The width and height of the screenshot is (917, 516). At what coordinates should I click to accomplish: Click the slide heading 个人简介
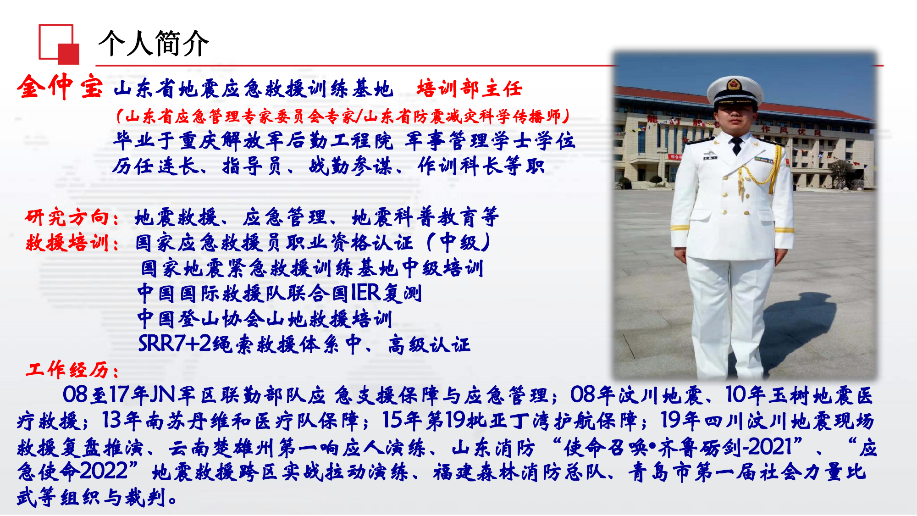pyautogui.click(x=154, y=44)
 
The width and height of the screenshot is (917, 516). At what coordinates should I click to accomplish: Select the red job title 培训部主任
pyautogui.click(x=469, y=89)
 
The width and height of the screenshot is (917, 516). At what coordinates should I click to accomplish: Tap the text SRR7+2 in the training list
pyautogui.click(x=174, y=344)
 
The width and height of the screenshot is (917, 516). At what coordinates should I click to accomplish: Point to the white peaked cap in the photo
pyautogui.click(x=735, y=89)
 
